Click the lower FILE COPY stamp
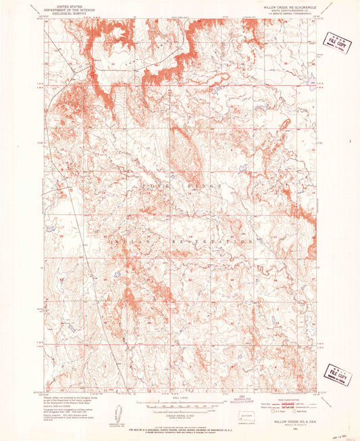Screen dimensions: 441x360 (338, 373)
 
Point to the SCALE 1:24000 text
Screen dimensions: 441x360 (178, 397)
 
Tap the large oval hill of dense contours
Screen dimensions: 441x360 (185, 152)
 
